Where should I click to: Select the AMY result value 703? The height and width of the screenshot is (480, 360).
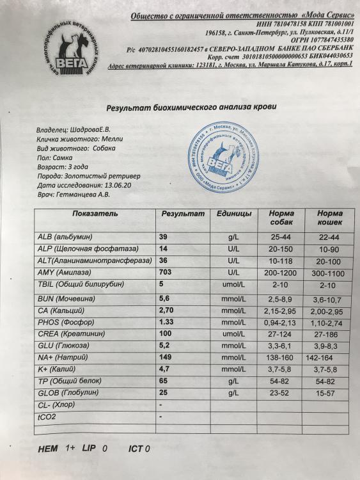point(168,271)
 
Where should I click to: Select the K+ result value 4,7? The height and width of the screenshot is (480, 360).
point(165,369)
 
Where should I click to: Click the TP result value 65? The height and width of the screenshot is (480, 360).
point(164,381)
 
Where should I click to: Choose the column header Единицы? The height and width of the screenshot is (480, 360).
point(233,213)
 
